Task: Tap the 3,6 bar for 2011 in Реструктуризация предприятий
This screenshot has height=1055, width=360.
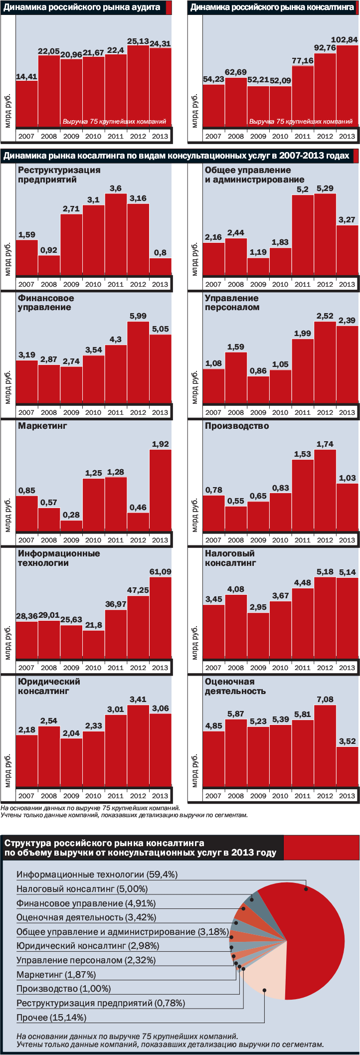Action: pyautogui.click(x=116, y=234)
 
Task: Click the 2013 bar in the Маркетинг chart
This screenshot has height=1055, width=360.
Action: pyautogui.click(x=160, y=491)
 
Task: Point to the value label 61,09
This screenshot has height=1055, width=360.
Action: pyautogui.click(x=160, y=571)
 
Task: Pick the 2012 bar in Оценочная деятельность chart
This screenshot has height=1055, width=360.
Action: pyautogui.click(x=325, y=746)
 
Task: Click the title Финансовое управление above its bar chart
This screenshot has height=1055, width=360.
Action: pyautogui.click(x=46, y=303)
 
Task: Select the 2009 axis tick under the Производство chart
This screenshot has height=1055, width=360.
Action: pyautogui.click(x=258, y=540)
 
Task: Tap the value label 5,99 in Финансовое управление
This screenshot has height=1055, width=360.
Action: pyautogui.click(x=138, y=316)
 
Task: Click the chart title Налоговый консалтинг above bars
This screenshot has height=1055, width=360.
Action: pyautogui.click(x=230, y=558)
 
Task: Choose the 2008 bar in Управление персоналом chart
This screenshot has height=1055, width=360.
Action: pyautogui.click(x=236, y=378)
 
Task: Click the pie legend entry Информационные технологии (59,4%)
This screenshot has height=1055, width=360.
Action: pyautogui.click(x=97, y=875)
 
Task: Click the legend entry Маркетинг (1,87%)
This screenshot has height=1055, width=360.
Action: pyautogui.click(x=56, y=974)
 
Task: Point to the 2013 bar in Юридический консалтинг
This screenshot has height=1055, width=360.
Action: pyautogui.click(x=160, y=750)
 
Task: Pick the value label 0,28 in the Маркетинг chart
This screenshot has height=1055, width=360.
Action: pyautogui.click(x=71, y=515)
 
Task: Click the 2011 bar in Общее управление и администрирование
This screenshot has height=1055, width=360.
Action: pyautogui.click(x=303, y=234)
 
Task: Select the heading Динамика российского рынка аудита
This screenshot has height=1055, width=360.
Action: pyautogui.click(x=82, y=7)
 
